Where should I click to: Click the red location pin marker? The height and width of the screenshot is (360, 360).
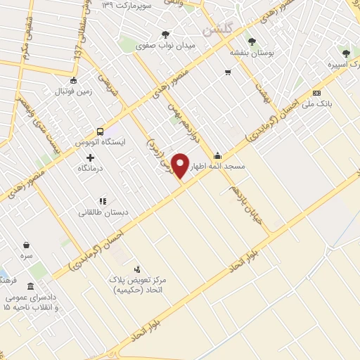coord(181,165)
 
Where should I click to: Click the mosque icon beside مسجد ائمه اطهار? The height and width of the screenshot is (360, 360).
coord(217,156)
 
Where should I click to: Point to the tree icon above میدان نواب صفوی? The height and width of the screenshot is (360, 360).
coord(166,33)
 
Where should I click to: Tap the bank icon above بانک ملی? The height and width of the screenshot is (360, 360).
coord(316,94)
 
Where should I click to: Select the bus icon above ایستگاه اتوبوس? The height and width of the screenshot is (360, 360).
coord(100,131)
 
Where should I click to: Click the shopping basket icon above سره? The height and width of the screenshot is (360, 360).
coord(27,245)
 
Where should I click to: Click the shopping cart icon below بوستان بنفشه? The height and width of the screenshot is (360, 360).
coord(228,72)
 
